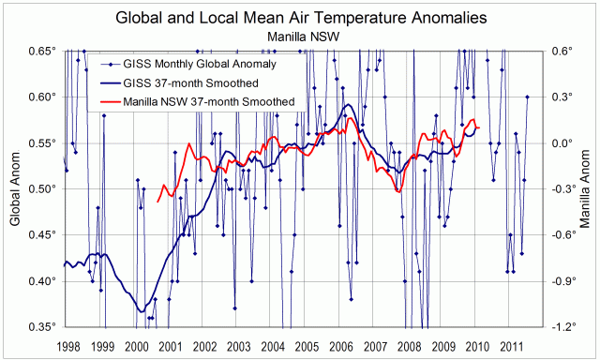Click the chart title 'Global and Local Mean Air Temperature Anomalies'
[299, 18]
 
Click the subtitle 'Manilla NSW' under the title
[299, 36]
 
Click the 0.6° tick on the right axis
[562, 51]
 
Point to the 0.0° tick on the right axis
[562, 143]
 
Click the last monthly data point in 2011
[528, 97]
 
